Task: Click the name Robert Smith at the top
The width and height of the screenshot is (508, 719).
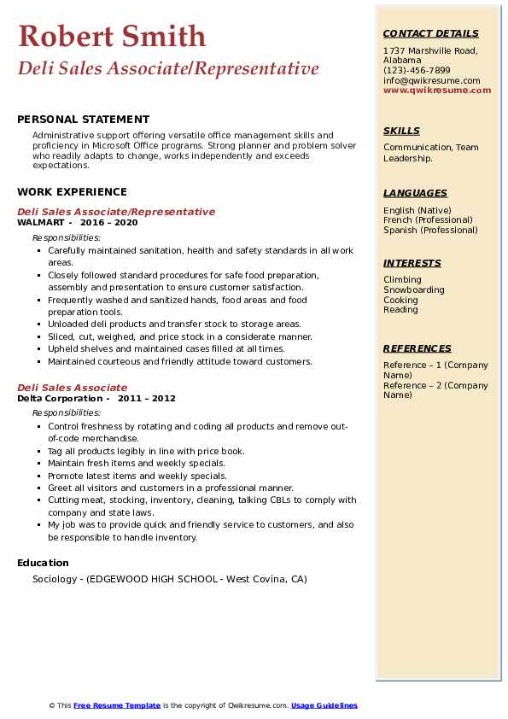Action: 112,37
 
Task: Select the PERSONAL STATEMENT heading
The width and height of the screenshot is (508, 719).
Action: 83,120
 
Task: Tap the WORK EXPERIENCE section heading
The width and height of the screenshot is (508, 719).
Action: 72,192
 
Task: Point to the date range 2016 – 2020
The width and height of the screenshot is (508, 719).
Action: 108,222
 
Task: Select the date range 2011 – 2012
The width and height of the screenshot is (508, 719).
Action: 147,398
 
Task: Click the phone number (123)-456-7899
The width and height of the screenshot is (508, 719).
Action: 417,71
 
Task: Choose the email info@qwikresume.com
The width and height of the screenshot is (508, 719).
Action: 431,80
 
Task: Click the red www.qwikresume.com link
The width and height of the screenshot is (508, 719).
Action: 437,90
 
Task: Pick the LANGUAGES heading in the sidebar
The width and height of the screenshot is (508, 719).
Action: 415,194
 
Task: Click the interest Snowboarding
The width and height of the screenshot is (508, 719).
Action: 414,289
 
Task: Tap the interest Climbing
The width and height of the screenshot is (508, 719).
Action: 402,279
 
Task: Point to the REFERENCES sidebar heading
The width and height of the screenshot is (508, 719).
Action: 417,348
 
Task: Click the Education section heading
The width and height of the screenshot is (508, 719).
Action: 43,563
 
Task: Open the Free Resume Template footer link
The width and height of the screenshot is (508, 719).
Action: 117,705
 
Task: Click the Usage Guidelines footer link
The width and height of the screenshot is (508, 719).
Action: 324,705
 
